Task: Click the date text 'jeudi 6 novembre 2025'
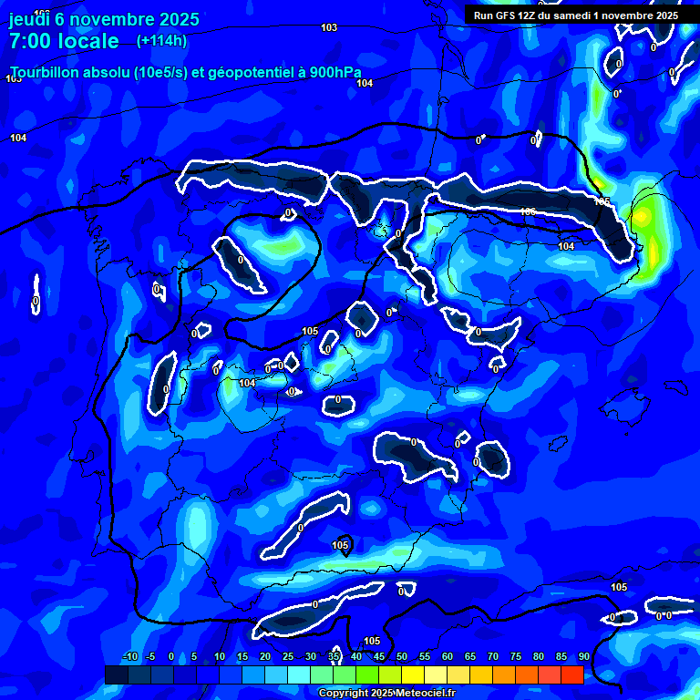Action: tap(104, 19)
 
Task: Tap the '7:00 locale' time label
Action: tap(64, 41)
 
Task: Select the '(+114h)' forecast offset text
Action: tap(161, 40)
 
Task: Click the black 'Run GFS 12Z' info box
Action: tap(575, 15)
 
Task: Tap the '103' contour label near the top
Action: tap(329, 27)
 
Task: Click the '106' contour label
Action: tap(528, 212)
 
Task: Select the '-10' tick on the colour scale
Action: tap(129, 657)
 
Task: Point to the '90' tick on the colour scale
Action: tap(583, 657)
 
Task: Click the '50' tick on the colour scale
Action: tap(402, 657)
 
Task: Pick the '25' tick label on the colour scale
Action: tap(288, 657)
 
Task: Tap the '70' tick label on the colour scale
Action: tap(493, 657)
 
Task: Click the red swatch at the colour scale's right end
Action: tap(571, 674)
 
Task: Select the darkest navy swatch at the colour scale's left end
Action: tap(117, 674)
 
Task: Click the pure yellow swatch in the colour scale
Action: tap(412, 674)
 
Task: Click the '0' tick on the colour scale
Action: tap(174, 657)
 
